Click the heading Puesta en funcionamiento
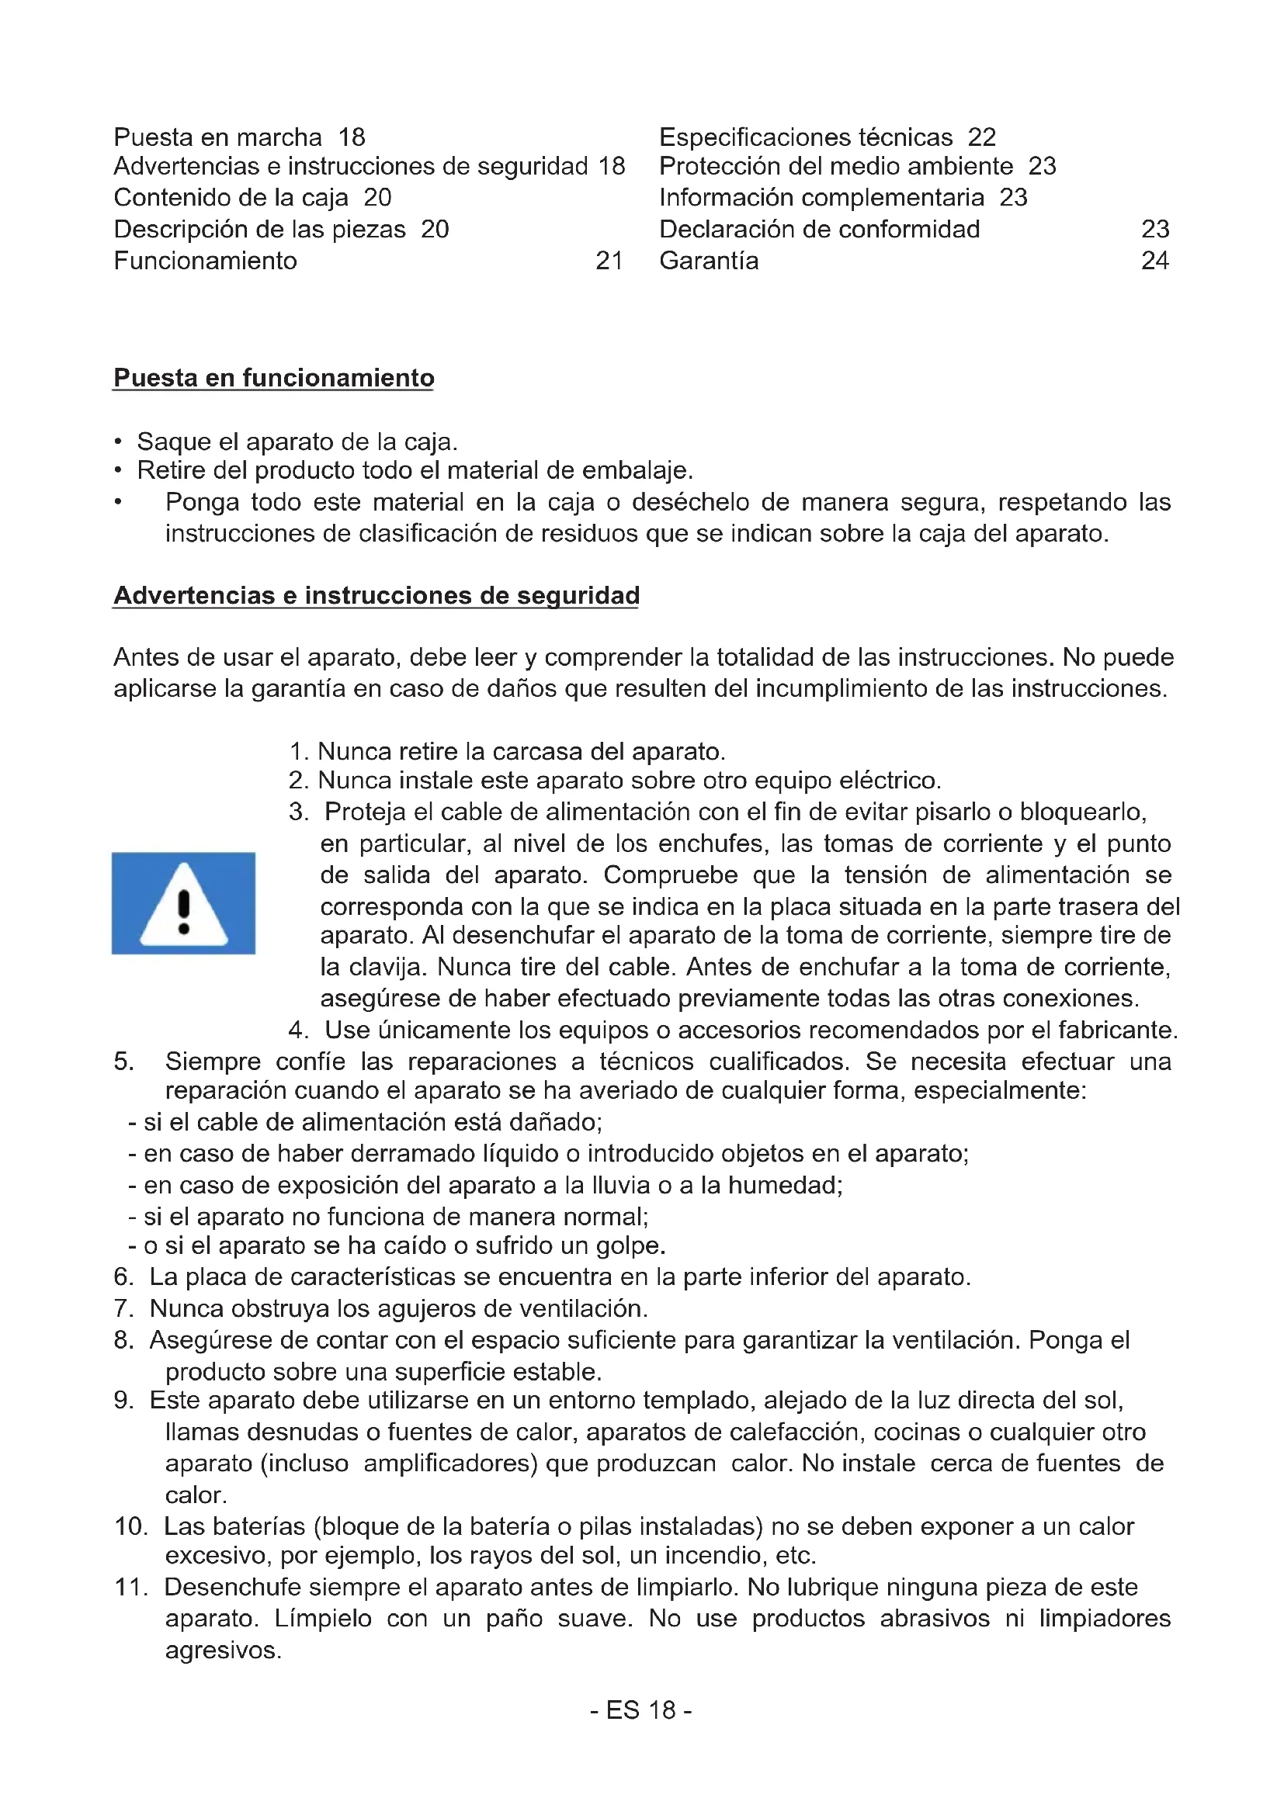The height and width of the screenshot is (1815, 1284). tap(273, 378)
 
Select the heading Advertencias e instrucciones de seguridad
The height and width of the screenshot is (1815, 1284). tap(377, 595)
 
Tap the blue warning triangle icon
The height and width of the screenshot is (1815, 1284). tap(183, 903)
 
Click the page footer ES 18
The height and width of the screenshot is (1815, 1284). tap(641, 1710)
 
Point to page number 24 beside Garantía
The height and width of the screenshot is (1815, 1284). tap(1154, 261)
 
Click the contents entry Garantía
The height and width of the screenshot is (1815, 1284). tap(709, 261)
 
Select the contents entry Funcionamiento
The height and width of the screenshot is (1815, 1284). tap(206, 261)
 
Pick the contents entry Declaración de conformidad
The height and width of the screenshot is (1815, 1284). tap(819, 229)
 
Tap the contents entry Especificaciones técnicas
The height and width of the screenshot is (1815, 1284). tap(806, 137)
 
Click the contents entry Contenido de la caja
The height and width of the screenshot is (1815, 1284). tap(231, 198)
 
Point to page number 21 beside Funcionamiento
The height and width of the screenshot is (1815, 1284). tap(609, 261)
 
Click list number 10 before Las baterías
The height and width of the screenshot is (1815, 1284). tap(131, 1526)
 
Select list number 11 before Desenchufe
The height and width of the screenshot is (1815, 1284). tap(131, 1587)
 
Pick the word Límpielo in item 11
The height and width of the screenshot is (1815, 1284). tap(323, 1618)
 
